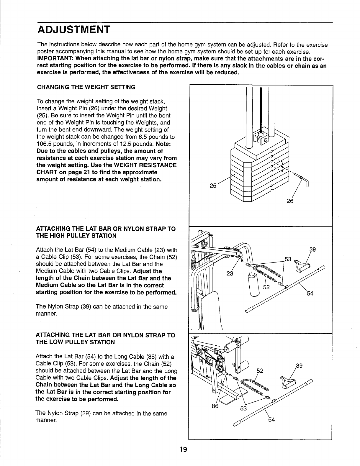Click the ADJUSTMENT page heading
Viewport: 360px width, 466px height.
point(73,30)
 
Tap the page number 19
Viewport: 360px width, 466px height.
point(183,449)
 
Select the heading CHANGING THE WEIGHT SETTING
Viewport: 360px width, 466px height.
point(86,87)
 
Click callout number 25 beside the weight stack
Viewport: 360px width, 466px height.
point(213,186)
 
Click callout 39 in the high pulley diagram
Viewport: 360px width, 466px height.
point(312,250)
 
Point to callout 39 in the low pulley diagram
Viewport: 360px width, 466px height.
point(299,366)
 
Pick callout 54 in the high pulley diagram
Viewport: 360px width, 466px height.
point(310,293)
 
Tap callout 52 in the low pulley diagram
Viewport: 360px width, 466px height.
point(260,370)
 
